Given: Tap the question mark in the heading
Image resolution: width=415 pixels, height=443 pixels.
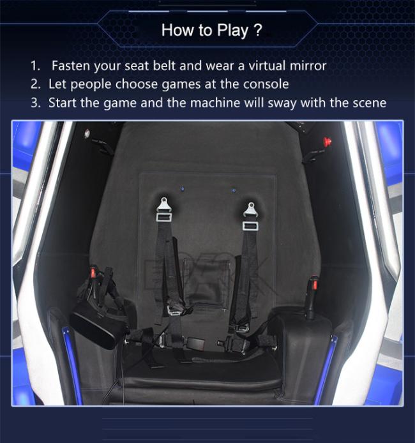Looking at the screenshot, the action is [x=258, y=29].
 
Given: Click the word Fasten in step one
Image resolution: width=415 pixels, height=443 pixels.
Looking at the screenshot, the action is [x=72, y=66].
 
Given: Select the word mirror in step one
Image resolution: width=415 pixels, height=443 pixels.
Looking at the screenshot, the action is [x=308, y=66].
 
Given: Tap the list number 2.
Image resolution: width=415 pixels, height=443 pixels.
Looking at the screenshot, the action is [x=36, y=84].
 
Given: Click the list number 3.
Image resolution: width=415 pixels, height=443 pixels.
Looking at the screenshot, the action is [x=36, y=103].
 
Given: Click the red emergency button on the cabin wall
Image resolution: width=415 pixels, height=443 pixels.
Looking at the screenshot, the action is [x=328, y=140].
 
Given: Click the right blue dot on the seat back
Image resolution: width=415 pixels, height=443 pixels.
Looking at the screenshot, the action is [x=233, y=190].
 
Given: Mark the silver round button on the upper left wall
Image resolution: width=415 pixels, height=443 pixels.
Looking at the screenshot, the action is [x=87, y=132].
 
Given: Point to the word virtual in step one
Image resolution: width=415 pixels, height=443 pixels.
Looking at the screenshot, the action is [x=267, y=66].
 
